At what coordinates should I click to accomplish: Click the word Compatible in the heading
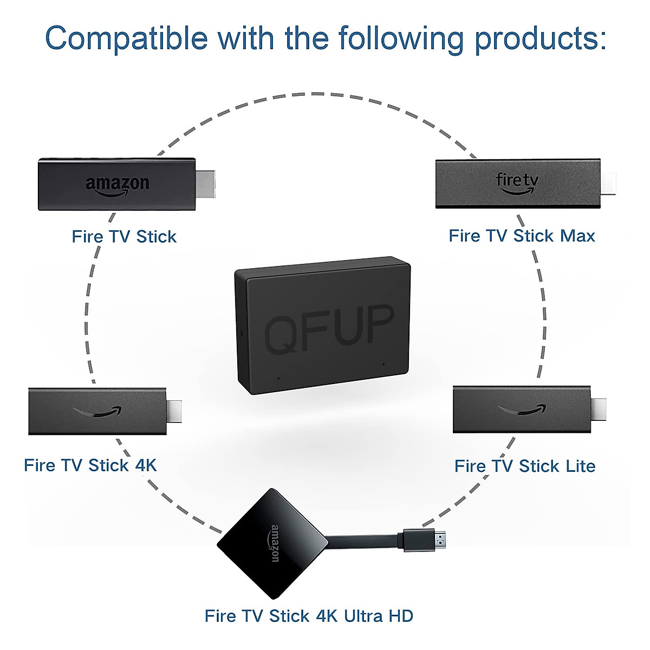[x=126, y=38]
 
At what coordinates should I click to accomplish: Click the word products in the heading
[x=541, y=38]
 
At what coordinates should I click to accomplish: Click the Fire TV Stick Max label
[x=522, y=236]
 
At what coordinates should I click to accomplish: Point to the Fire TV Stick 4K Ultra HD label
[x=309, y=616]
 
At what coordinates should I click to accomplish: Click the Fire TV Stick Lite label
[x=524, y=466]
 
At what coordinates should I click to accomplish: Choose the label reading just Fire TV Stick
[x=124, y=237]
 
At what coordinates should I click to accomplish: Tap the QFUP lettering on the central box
[x=329, y=328]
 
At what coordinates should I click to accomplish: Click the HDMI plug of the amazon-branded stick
[x=205, y=184]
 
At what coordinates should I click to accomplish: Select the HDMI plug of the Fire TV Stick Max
[x=609, y=184]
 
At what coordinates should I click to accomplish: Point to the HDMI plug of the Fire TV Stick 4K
[x=174, y=411]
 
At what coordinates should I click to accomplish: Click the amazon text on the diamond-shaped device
[x=275, y=543]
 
